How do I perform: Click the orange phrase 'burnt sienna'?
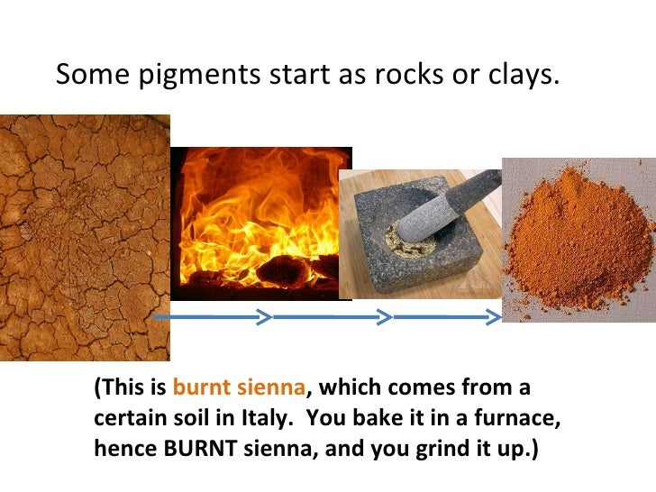click(x=239, y=388)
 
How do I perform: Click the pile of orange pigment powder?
click(x=576, y=240)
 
